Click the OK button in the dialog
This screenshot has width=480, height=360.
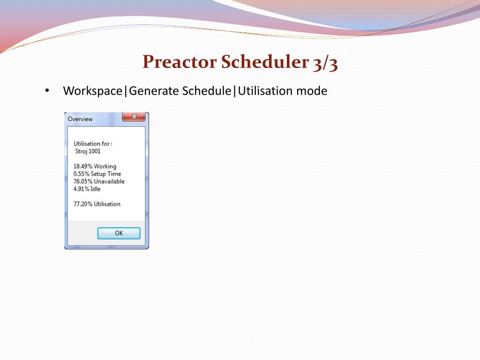(x=119, y=233)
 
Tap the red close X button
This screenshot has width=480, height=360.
(x=134, y=117)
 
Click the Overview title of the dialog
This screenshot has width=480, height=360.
(x=80, y=119)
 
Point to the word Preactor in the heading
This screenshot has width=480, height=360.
(x=180, y=62)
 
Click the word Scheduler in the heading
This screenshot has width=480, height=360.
(x=264, y=62)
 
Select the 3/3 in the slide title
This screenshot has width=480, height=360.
(x=324, y=63)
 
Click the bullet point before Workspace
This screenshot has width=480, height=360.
(x=47, y=91)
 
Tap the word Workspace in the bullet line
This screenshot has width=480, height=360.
(x=92, y=91)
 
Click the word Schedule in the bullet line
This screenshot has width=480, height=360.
(x=207, y=91)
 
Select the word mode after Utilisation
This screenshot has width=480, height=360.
(x=311, y=91)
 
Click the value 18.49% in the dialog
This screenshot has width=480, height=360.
(x=83, y=166)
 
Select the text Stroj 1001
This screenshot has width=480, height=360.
(x=88, y=151)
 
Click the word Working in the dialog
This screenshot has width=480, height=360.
(x=105, y=166)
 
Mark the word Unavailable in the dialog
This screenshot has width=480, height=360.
(x=109, y=181)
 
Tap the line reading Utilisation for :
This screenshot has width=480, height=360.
(x=93, y=144)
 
